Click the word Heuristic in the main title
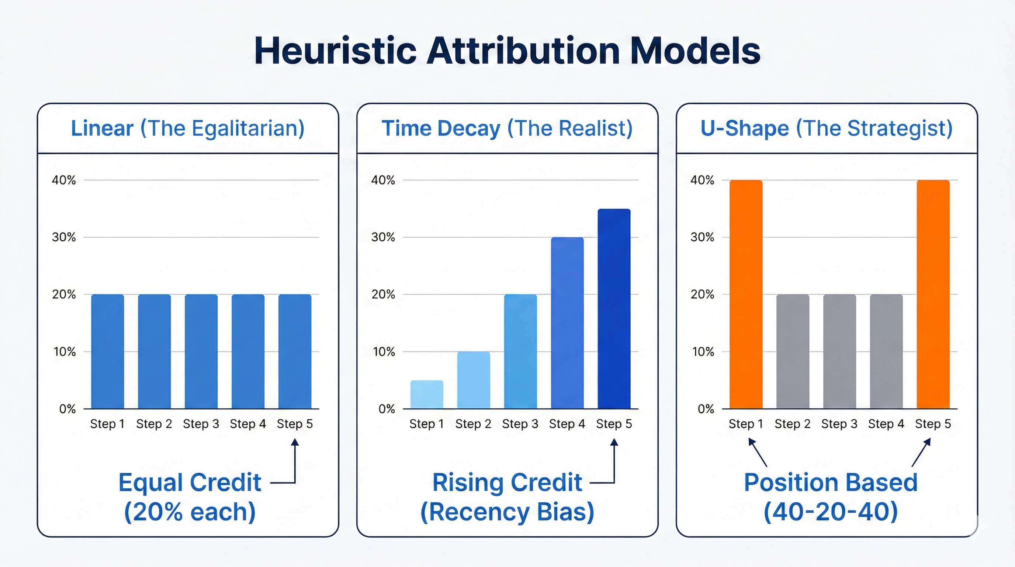pyautogui.click(x=335, y=51)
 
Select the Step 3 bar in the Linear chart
pyautogui.click(x=201, y=351)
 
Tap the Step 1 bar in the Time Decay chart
pyautogui.click(x=427, y=394)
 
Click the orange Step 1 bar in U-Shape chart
pyautogui.click(x=746, y=294)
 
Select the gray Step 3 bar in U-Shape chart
pyautogui.click(x=840, y=351)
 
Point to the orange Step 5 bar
pyautogui.click(x=933, y=294)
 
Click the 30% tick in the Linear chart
pyautogui.click(x=63, y=237)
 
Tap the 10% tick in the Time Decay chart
pyautogui.click(x=383, y=351)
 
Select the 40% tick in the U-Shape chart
pyautogui.click(x=702, y=180)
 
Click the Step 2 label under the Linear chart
pyautogui.click(x=154, y=424)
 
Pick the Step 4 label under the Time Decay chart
pyautogui.click(x=567, y=424)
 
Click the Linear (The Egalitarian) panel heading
pyautogui.click(x=188, y=128)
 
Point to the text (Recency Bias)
pyautogui.click(x=507, y=512)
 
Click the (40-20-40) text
pyautogui.click(x=831, y=512)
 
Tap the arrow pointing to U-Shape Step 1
pyautogui.click(x=757, y=453)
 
